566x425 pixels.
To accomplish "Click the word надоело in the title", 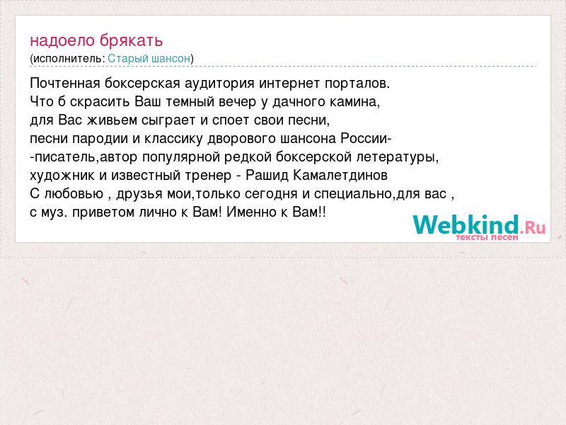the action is click(62, 40).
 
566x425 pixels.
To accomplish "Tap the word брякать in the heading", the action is click(132, 40).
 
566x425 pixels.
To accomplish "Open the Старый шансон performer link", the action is click(149, 59).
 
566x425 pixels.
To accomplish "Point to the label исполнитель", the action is click(67, 59).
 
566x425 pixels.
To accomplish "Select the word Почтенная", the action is click(65, 84).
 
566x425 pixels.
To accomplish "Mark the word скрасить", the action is click(100, 102).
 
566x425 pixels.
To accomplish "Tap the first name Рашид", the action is click(267, 175).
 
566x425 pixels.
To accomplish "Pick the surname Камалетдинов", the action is click(340, 175).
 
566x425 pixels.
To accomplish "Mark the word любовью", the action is click(74, 194).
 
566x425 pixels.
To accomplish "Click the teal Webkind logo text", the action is click(466, 225).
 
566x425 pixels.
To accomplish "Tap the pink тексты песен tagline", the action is click(487, 237).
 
